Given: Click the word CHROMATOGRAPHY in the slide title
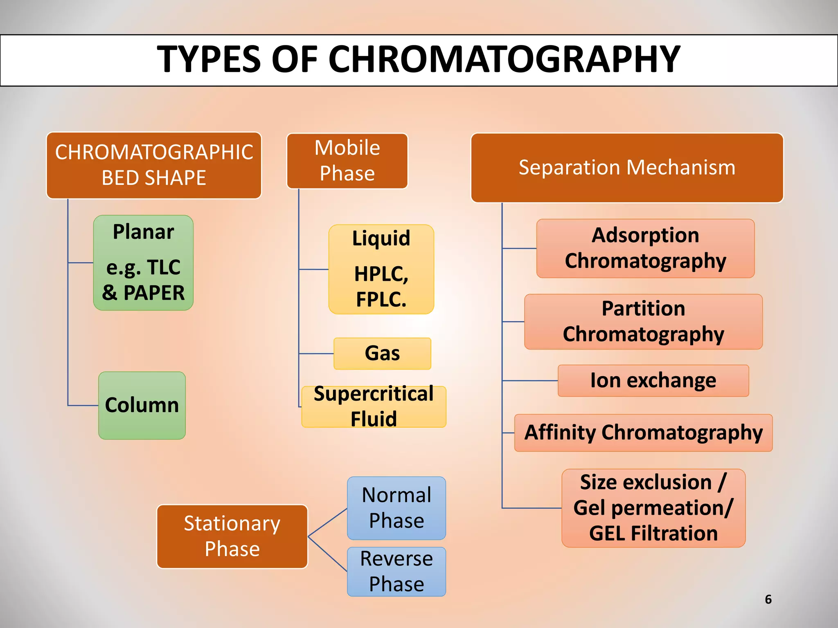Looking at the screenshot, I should [504, 60].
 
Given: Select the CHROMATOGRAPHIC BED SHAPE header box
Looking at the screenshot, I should [154, 165].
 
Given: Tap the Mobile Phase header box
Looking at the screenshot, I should [347, 161].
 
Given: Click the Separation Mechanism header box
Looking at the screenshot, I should [627, 168].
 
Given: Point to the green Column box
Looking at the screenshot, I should [142, 405].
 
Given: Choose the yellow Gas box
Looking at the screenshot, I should [382, 354].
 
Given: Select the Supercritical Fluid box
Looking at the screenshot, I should [374, 406].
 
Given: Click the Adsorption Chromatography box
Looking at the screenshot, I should [645, 248].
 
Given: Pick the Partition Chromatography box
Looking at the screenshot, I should [643, 321].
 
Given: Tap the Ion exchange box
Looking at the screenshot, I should [653, 381].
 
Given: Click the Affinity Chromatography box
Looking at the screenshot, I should [643, 433].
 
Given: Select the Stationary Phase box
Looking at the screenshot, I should [232, 536].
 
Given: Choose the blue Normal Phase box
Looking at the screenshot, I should [396, 508].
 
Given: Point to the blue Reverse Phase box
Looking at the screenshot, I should [396, 571].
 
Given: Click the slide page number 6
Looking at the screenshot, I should [768, 599].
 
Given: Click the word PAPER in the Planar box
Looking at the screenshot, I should [154, 293].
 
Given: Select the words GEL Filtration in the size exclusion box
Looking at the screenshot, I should [653, 534].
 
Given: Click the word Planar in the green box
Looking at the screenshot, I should [143, 232].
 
